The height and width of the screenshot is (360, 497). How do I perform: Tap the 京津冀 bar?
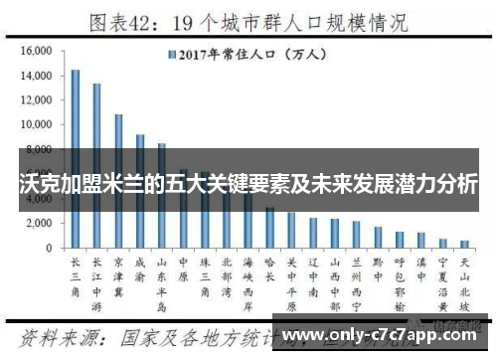pos(118,180)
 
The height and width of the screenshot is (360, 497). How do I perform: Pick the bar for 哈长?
pos(269,228)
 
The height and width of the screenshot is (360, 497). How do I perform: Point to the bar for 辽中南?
pos(313,233)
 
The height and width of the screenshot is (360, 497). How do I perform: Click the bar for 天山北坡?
pos(464,244)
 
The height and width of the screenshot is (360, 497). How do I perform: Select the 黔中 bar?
pos(378,237)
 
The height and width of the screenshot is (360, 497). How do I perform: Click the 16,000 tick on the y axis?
pos(36,51)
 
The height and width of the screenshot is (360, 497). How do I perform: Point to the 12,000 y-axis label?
pos(36,99)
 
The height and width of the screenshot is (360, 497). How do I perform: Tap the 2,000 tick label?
pos(39,223)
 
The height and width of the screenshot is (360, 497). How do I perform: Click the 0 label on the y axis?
pos(49,248)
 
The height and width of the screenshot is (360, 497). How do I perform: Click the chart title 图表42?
pos(125,21)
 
